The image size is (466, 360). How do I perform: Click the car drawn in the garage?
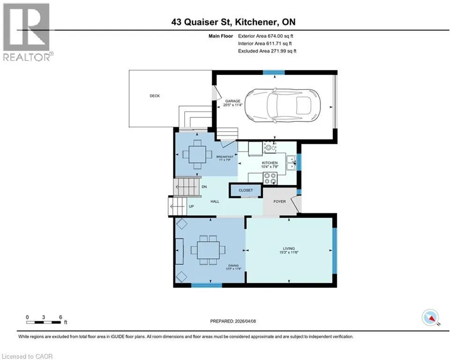pos(282,106)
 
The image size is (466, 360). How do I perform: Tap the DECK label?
pos(155,96)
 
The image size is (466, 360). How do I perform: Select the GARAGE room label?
pos(233,101)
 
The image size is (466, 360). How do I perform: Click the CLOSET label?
pos(246,190)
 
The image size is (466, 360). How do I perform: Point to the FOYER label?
pos(280,202)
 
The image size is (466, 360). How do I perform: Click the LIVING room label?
pos(289,248)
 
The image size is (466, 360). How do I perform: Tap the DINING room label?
pos(234,265)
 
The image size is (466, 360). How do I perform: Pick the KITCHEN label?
pos(270,163)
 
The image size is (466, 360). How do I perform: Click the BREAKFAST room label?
pos(225,157)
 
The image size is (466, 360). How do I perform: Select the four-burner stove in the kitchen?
pos(270,178)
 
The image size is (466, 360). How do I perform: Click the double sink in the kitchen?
pos(291,163)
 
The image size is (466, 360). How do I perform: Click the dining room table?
pos(208,250)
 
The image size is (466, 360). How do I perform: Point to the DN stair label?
pos(204,187)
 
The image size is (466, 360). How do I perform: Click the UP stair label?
pos(192,206)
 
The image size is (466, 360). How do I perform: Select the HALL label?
pos(215,202)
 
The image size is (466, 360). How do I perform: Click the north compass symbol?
pos(430,317)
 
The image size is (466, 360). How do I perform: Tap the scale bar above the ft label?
pos(44,322)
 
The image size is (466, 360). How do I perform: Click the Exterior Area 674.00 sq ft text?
pos(266,36)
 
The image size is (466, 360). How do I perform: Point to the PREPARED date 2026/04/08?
pos(245,321)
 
